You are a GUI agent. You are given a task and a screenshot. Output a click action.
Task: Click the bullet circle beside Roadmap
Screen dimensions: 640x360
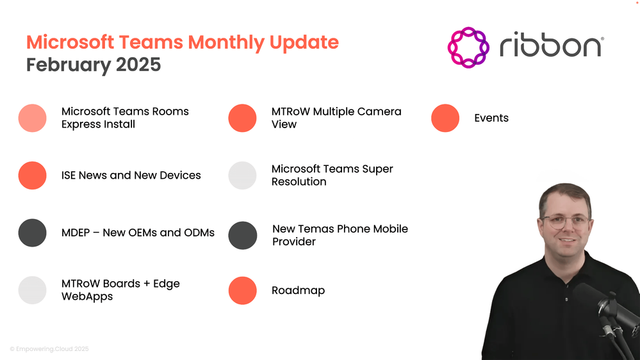tap(242, 291)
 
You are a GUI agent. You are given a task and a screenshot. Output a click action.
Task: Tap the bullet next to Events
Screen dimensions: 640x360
tap(445, 118)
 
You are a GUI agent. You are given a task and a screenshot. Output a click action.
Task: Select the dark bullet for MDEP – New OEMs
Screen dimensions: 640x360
tap(32, 233)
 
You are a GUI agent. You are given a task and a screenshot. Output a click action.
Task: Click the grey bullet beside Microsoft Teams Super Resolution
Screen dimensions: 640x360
tap(242, 176)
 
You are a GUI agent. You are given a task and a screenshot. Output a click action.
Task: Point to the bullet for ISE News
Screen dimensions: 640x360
tap(32, 176)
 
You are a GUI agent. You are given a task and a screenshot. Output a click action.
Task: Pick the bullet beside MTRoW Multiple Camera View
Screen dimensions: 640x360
tap(242, 118)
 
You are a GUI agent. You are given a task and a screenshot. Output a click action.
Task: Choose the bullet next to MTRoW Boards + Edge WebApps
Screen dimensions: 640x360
tap(32, 290)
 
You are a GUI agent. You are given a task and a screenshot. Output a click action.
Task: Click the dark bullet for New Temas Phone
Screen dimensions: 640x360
tap(242, 236)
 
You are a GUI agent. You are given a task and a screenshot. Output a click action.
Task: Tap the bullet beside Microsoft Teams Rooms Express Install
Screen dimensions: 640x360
tap(32, 118)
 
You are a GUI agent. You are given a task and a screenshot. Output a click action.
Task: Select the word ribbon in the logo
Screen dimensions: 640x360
tap(552, 44)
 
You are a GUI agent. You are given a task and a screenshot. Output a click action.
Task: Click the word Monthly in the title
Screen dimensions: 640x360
tap(226, 42)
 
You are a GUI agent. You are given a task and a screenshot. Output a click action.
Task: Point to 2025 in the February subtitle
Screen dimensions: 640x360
tap(138, 65)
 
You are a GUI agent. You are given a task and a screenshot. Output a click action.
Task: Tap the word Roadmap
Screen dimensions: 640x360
tap(299, 291)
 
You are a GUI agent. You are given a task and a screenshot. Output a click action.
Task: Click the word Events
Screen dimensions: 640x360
tap(491, 118)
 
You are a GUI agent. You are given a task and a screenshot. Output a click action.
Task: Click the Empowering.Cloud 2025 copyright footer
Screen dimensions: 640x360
tap(49, 349)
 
